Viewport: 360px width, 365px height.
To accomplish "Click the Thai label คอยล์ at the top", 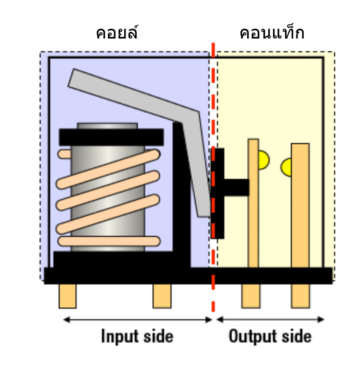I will [x=117, y=33].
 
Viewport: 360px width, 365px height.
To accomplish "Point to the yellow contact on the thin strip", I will [x=264, y=160].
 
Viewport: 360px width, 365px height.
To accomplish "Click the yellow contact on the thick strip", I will [x=287, y=166].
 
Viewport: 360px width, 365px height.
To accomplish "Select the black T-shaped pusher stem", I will [x=235, y=187].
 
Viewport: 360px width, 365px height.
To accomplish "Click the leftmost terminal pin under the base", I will [x=67, y=296].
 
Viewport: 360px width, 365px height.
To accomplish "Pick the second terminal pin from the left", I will [x=162, y=296].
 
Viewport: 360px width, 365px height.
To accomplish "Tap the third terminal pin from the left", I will [x=251, y=296].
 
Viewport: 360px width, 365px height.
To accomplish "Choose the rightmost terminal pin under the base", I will [x=300, y=296].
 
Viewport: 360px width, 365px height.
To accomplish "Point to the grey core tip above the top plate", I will [x=107, y=126].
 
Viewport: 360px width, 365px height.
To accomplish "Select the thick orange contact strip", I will [x=300, y=214].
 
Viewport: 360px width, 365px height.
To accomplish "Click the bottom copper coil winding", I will [x=109, y=241].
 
